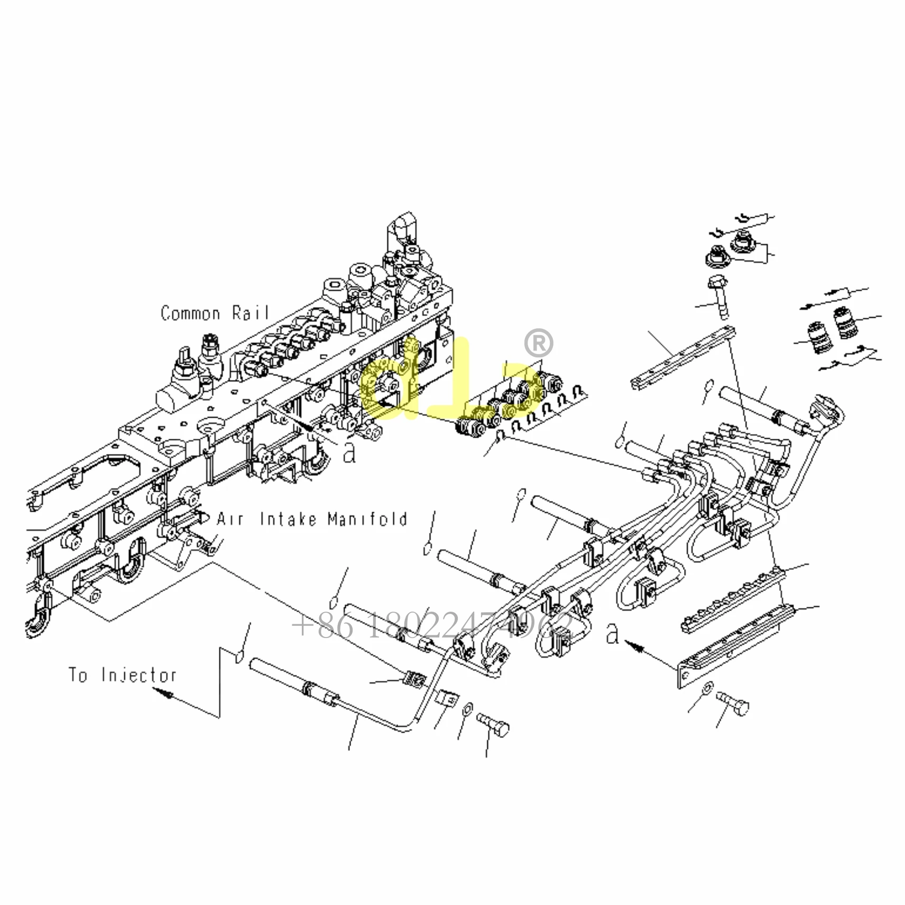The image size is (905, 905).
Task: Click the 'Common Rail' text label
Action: click(x=215, y=313)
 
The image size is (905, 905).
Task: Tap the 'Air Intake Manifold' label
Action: click(x=312, y=519)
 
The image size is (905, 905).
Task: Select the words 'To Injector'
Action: click(x=122, y=675)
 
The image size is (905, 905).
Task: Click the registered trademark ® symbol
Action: click(x=538, y=343)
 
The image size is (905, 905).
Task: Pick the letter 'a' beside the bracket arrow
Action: click(x=612, y=633)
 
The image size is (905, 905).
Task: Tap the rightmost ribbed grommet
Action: click(x=845, y=324)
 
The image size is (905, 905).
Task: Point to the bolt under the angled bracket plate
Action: click(x=734, y=704)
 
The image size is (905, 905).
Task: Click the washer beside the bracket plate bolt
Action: click(x=707, y=688)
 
